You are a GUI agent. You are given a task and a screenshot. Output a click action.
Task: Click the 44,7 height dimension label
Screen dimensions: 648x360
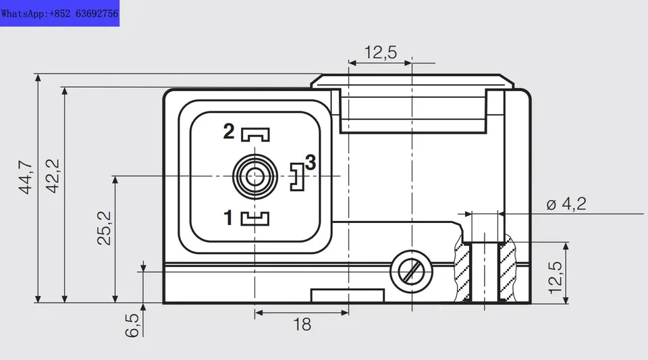(x=26, y=177)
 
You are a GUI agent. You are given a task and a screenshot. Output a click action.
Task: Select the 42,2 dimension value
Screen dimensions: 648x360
(x=53, y=176)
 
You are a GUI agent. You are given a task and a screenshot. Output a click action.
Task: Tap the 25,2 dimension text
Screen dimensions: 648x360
(x=104, y=228)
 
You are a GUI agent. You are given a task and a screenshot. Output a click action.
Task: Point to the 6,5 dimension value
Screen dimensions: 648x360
(x=132, y=326)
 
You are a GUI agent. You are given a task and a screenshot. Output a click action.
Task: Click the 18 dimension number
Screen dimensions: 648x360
(x=302, y=325)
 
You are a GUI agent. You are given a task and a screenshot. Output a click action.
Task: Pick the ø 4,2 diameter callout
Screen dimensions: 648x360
(x=566, y=204)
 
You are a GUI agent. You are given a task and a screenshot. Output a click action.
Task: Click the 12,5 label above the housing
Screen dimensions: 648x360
(x=380, y=53)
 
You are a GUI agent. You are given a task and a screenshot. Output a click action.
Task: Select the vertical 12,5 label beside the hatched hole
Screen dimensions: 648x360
(x=556, y=278)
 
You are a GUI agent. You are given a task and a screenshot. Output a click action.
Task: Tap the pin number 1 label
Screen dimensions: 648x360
(x=228, y=217)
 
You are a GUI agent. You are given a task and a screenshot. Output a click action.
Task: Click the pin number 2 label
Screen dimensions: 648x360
(x=229, y=132)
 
